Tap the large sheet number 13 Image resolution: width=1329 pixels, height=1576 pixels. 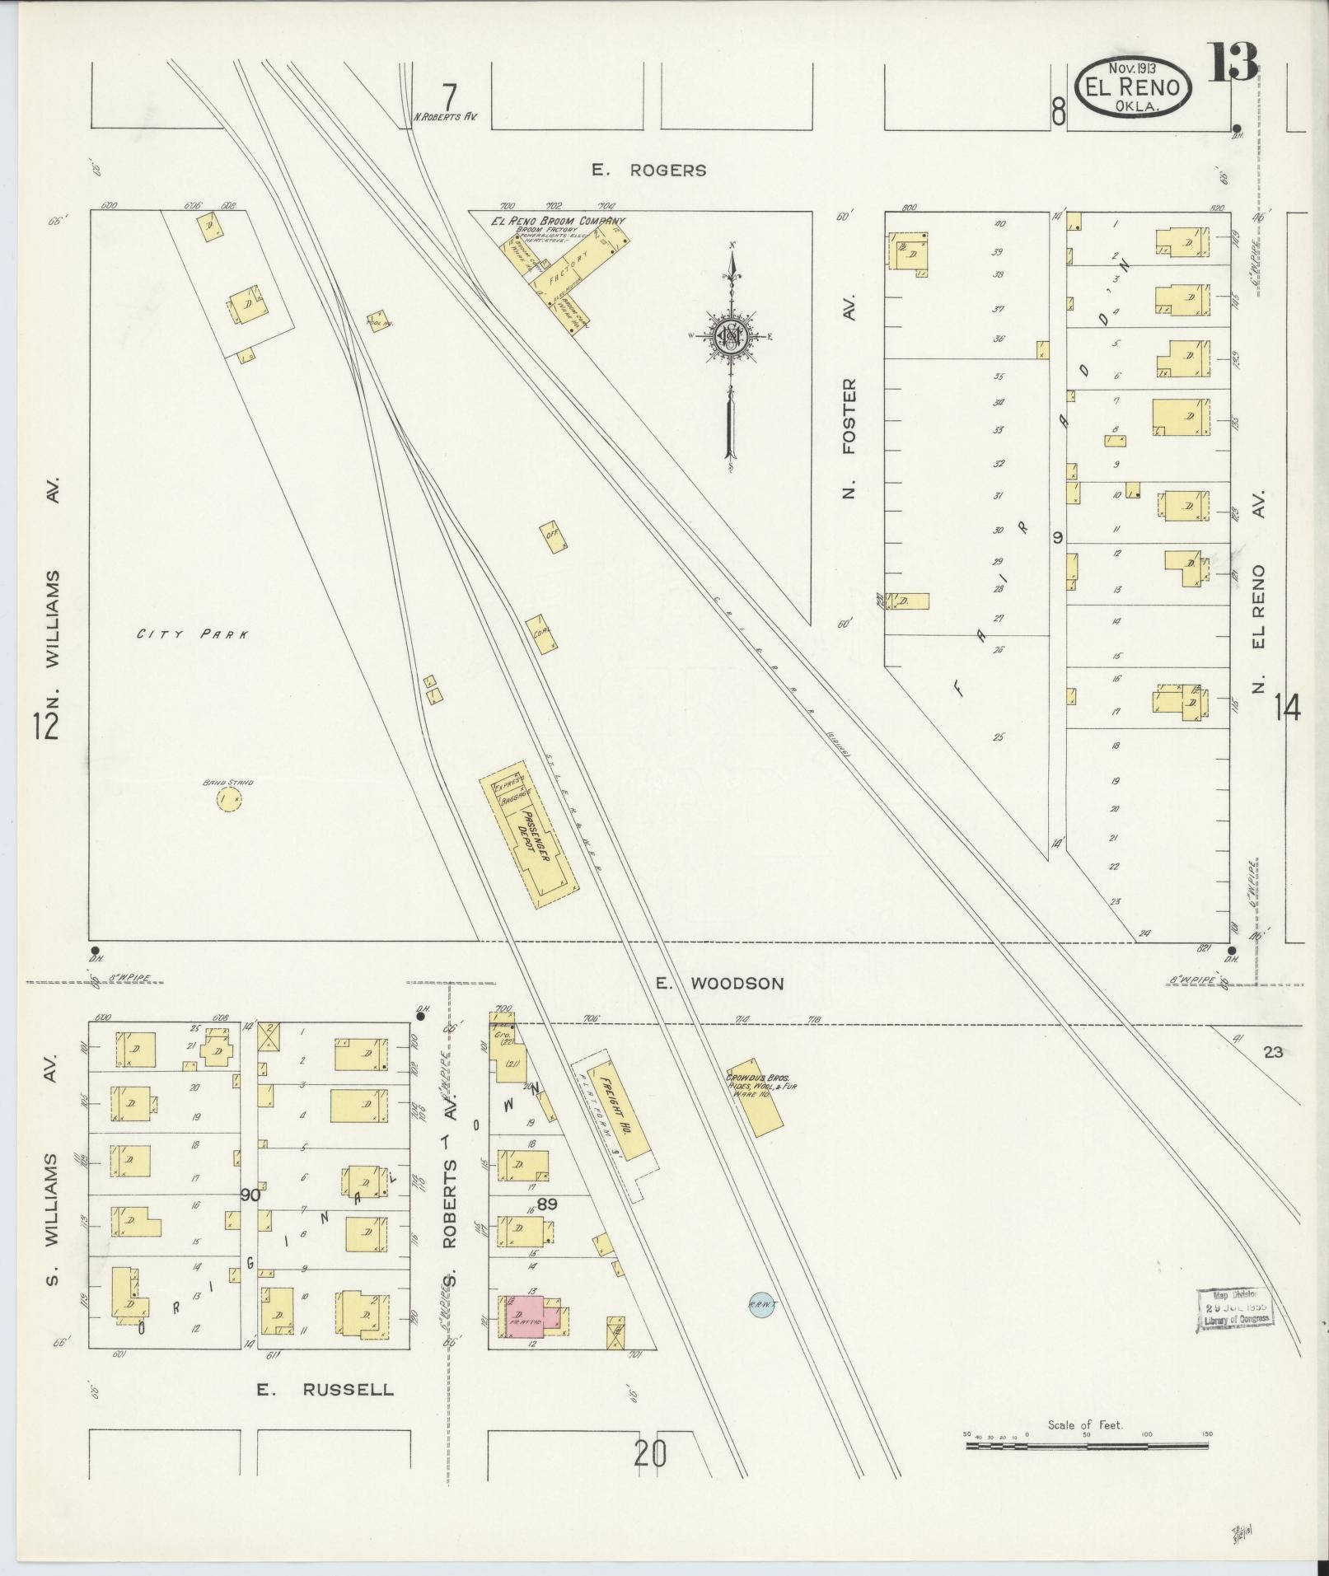tap(1233, 63)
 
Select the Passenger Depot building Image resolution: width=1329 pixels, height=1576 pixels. tap(530, 835)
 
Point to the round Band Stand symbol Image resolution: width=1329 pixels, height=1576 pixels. tap(228, 797)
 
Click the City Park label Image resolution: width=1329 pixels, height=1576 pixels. tap(192, 634)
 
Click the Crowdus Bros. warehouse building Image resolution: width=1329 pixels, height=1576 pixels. tap(756, 1097)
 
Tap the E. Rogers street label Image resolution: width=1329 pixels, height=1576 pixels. tap(649, 171)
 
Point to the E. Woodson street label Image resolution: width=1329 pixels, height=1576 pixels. tap(719, 983)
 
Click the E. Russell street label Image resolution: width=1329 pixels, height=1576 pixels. tap(325, 1389)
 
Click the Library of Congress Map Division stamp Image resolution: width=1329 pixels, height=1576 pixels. tap(1233, 1307)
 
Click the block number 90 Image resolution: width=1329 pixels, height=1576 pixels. tap(250, 1195)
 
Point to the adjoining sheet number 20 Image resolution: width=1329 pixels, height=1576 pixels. tap(649, 1453)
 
